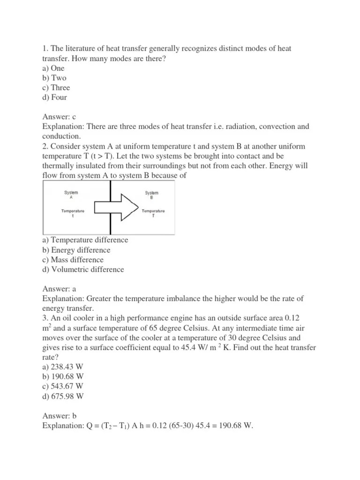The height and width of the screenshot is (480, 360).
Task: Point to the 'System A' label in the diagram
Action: (71, 195)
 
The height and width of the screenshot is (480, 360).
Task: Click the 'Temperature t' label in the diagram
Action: (73, 214)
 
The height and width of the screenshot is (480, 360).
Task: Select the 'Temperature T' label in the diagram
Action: (153, 214)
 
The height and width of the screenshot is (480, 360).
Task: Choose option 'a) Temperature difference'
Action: (85, 240)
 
